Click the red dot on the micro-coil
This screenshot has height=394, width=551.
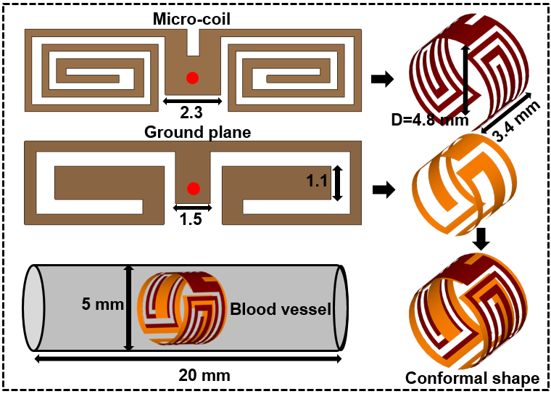(191, 78)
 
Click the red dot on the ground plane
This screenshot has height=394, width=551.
(193, 189)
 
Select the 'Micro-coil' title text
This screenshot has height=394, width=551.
(191, 19)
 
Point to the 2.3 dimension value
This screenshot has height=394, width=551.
(191, 113)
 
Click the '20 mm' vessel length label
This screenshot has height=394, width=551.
(204, 375)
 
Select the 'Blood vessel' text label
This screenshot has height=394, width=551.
(281, 310)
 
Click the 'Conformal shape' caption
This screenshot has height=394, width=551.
(472, 378)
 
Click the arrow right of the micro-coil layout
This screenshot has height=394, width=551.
(382, 79)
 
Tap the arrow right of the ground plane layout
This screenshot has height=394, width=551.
(382, 190)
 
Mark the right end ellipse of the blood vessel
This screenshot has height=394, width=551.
(340, 308)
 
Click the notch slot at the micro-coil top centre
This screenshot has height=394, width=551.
(192, 42)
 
